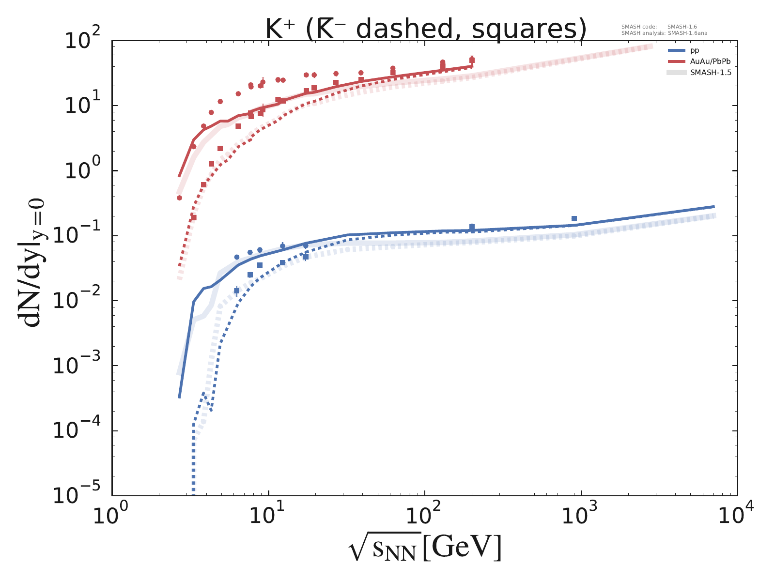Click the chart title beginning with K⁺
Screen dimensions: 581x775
426,29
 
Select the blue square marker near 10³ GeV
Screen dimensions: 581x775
574,219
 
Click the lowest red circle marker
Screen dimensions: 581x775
179,198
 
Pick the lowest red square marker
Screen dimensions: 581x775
194,218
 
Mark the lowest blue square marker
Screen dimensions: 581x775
236,290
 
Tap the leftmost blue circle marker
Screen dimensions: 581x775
236,257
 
